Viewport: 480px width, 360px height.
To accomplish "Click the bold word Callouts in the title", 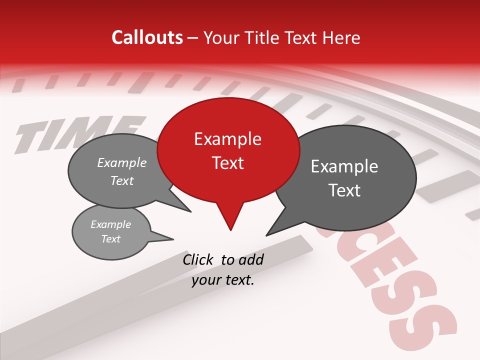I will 147,37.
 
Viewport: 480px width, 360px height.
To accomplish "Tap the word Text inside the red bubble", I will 228,162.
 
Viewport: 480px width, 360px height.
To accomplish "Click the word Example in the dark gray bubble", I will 344,166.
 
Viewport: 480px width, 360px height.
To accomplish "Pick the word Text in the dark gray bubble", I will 344,190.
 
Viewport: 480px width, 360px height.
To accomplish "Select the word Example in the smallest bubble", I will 110,224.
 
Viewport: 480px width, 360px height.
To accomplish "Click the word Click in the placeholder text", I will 199,259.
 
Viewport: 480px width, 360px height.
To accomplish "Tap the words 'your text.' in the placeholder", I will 223,280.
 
